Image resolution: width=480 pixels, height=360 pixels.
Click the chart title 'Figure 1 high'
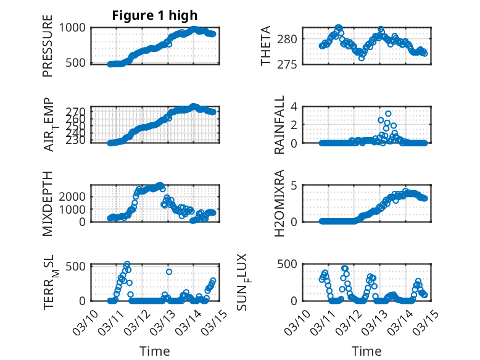(x=155, y=15)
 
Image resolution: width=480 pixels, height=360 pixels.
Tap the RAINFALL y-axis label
(x=279, y=125)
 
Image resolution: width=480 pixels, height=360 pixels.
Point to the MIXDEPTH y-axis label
(x=48, y=204)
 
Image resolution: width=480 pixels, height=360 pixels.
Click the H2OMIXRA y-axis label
(x=279, y=204)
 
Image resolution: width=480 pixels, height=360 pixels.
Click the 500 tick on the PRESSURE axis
(x=78, y=63)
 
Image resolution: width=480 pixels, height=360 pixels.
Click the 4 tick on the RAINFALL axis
(x=295, y=106)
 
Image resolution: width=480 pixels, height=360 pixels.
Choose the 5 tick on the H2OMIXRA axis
(x=295, y=185)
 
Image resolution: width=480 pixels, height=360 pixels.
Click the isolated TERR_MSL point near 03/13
(x=168, y=272)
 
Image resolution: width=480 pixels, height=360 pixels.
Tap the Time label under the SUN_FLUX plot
(x=366, y=351)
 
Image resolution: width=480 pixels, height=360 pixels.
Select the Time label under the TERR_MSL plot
(x=155, y=351)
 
